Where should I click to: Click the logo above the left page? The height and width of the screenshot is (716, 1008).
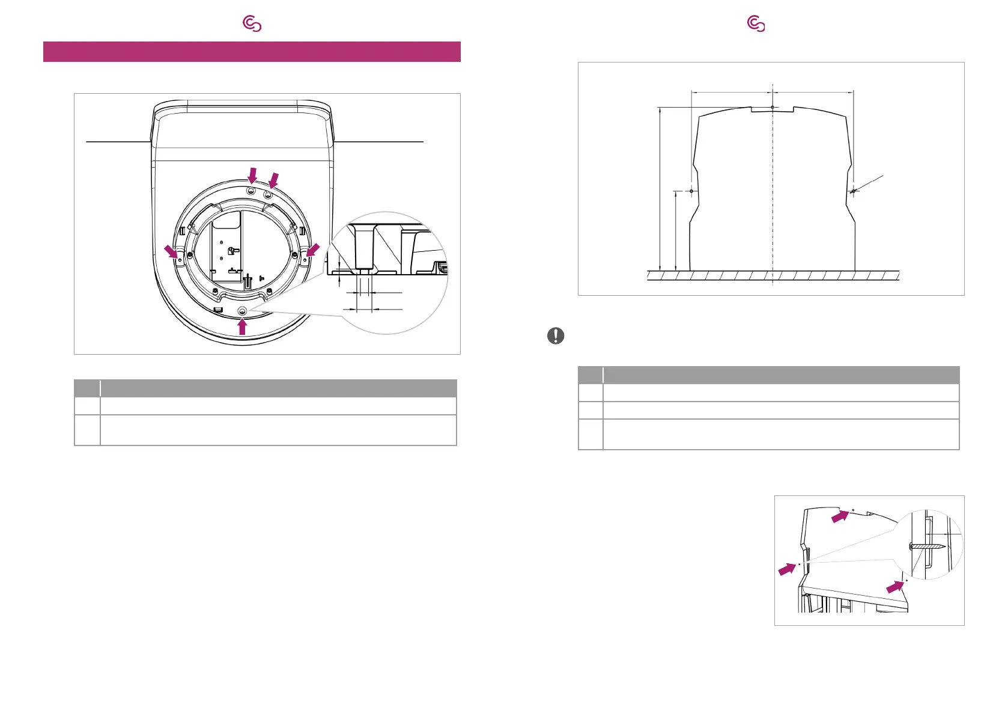pyautogui.click(x=252, y=24)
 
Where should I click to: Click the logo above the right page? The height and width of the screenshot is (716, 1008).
pyautogui.click(x=756, y=24)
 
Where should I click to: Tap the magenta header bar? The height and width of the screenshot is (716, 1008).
pyautogui.click(x=252, y=52)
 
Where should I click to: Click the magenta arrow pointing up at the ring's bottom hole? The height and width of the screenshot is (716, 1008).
pyautogui.click(x=242, y=326)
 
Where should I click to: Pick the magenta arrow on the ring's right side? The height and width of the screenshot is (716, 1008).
pyautogui.click(x=312, y=251)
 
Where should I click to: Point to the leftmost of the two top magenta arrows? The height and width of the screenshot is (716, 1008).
pyautogui.click(x=253, y=175)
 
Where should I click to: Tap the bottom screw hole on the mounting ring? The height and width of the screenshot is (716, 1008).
pyautogui.click(x=242, y=310)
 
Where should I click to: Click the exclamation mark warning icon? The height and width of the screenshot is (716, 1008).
pyautogui.click(x=556, y=335)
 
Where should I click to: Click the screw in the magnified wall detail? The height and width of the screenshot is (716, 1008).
pyautogui.click(x=928, y=546)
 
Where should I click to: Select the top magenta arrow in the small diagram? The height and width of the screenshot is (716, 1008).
pyautogui.click(x=840, y=516)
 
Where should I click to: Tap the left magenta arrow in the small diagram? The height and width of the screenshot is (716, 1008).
pyautogui.click(x=786, y=569)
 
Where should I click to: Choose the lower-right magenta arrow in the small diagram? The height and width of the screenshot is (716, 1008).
pyautogui.click(x=894, y=586)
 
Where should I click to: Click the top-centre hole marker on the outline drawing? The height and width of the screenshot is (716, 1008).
pyautogui.click(x=772, y=107)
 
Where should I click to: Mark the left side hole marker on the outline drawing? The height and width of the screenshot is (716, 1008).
pyautogui.click(x=692, y=191)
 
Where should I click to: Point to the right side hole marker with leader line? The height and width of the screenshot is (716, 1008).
pyautogui.click(x=853, y=191)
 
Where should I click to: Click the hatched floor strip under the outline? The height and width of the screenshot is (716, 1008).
pyautogui.click(x=773, y=276)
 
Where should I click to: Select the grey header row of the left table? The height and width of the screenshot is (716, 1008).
pyautogui.click(x=265, y=388)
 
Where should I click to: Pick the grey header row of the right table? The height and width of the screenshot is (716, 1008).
pyautogui.click(x=768, y=375)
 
